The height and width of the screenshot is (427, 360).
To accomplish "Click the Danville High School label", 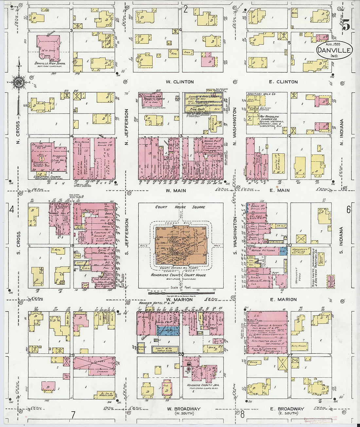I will coord(50,63).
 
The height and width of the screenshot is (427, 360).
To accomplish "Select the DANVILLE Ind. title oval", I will coord(334,51).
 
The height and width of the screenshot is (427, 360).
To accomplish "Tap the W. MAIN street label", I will coord(176,190).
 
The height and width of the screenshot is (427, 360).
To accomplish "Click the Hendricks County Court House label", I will coord(178,275).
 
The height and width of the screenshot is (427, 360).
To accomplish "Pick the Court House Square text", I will coord(180,207).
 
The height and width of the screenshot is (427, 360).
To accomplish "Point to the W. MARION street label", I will coord(179,299).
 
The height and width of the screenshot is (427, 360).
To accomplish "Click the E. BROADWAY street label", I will coord(287,409).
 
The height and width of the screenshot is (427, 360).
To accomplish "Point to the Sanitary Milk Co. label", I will coord(261,94).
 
